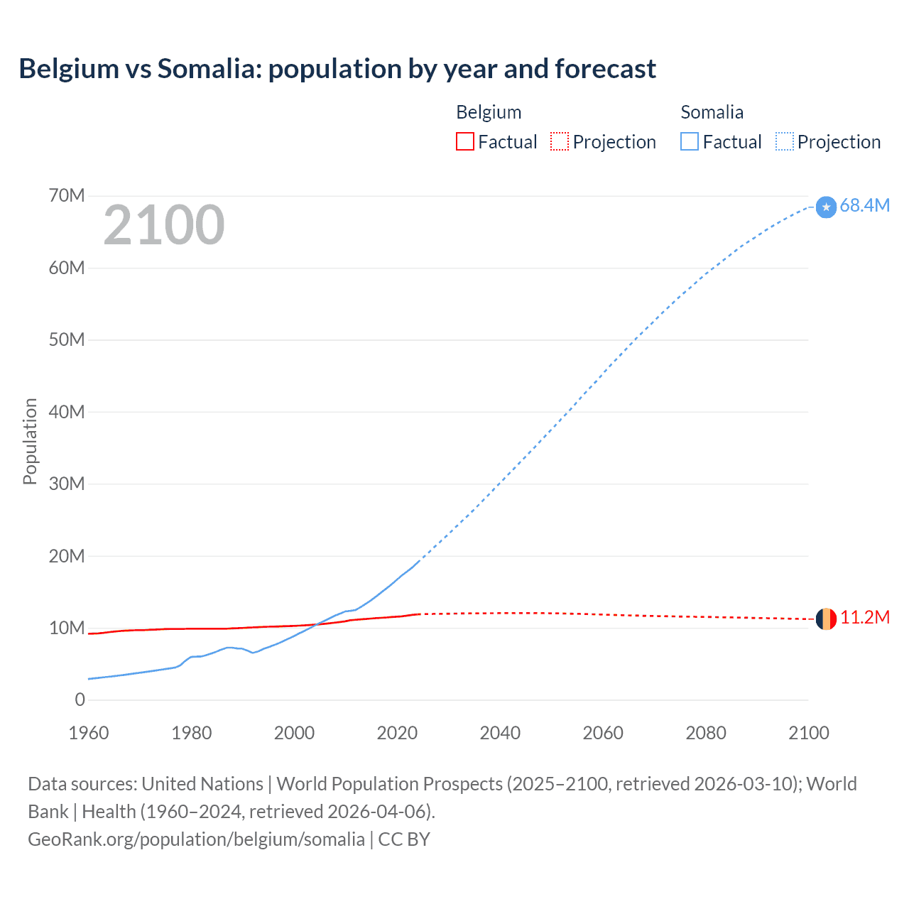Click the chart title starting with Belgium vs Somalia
(337, 69)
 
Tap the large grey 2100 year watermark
(164, 225)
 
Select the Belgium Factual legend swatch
(464, 141)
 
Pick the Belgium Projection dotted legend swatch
(560, 141)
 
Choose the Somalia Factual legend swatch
(689, 141)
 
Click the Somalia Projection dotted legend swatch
(784, 141)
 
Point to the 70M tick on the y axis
(67, 195)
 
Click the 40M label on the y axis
(67, 412)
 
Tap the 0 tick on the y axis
(80, 700)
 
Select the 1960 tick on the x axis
(89, 733)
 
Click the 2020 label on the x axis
(397, 733)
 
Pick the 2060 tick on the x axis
(603, 733)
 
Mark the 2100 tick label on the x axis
(808, 733)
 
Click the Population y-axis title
(30, 441)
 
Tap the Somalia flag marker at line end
(826, 207)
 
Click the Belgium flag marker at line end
(826, 619)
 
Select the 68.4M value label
(864, 205)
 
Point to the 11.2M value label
(864, 617)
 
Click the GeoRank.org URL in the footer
(196, 839)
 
